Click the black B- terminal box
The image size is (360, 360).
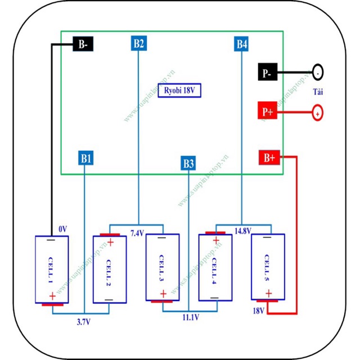click(83, 45)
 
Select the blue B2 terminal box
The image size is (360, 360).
click(139, 43)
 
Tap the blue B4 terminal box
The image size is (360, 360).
click(242, 44)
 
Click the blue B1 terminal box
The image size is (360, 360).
click(85, 159)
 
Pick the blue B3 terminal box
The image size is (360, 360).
click(188, 164)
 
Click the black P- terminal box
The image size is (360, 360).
click(267, 73)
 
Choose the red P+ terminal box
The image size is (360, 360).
click(267, 112)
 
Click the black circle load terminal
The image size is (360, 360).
click(318, 73)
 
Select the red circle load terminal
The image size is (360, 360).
click(317, 113)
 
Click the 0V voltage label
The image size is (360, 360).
click(62, 229)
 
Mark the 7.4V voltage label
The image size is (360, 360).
click(137, 232)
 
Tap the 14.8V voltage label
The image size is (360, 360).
click(243, 231)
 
